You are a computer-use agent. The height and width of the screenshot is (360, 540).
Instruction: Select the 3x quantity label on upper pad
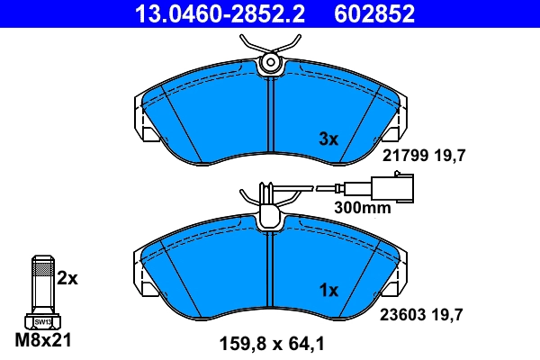tap(328, 139)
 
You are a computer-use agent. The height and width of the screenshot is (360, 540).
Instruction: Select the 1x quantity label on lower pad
tap(328, 291)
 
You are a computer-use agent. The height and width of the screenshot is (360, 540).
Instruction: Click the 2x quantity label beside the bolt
tap(67, 278)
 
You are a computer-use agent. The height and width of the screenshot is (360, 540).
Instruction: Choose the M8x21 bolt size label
tap(42, 341)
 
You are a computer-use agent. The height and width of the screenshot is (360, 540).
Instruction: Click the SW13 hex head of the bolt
tap(42, 320)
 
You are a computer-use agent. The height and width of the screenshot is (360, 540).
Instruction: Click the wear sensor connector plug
tap(384, 190)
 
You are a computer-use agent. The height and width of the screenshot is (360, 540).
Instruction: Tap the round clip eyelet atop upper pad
tap(269, 62)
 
